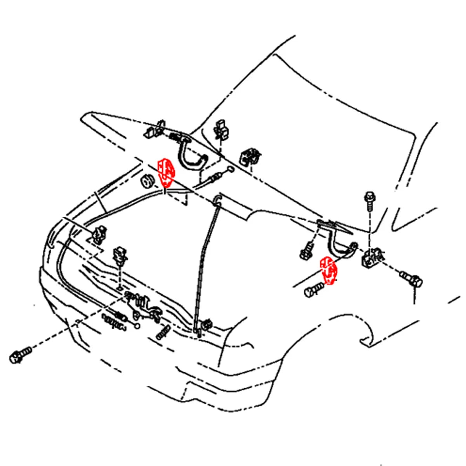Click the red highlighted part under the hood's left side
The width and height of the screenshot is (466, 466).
tap(166, 172)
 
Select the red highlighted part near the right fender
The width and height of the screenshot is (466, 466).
tap(327, 270)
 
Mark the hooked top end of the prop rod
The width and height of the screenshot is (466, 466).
tap(217, 199)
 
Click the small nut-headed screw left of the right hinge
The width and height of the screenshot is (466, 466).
tap(307, 251)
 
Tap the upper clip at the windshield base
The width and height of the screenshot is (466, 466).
tap(221, 129)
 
